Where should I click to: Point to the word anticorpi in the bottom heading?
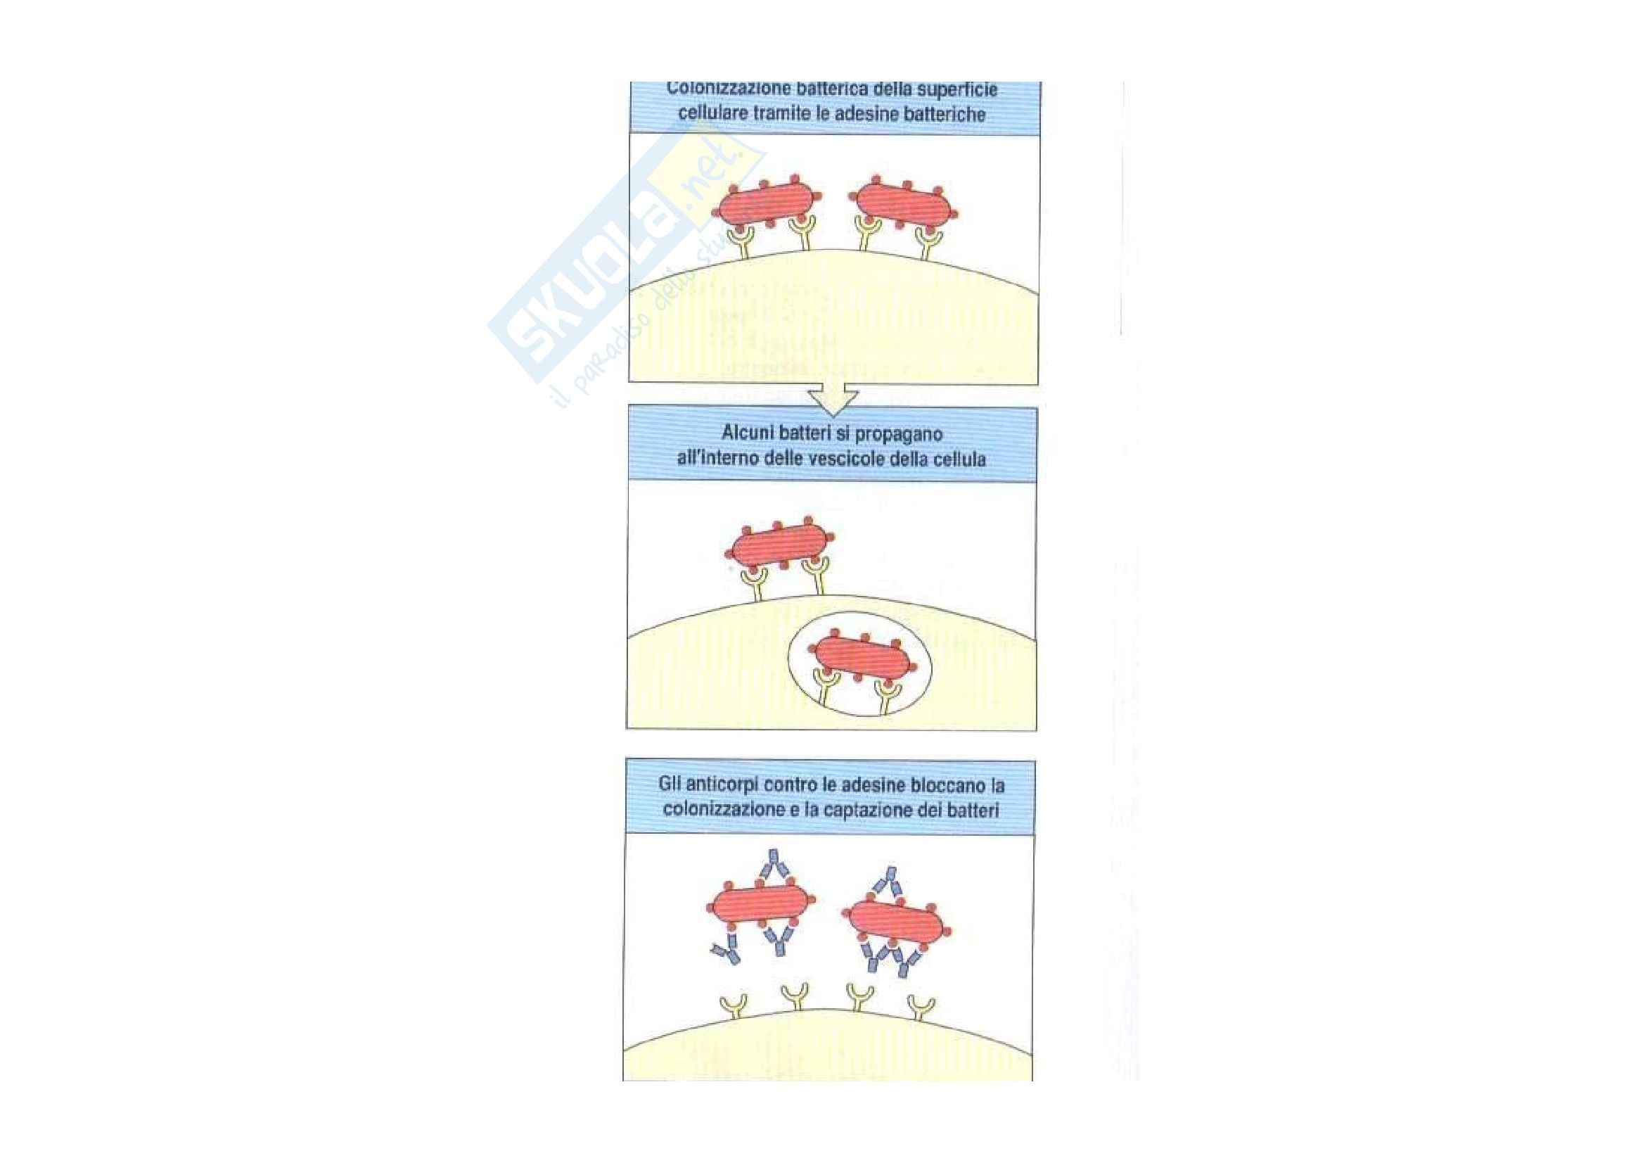719,784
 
